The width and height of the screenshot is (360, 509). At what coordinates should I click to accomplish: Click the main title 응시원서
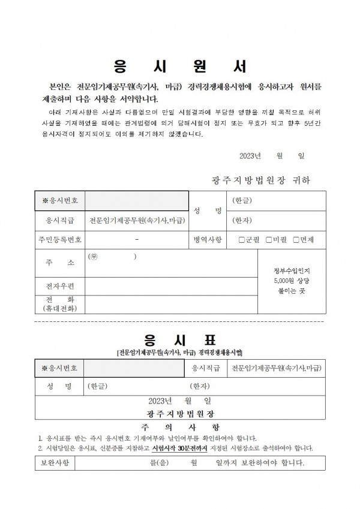pos(179,65)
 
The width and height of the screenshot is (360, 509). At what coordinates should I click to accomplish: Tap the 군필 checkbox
pos(242,240)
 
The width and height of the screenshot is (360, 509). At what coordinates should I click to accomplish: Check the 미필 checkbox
pos(269,240)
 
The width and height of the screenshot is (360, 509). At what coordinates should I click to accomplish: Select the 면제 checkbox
pos(296,240)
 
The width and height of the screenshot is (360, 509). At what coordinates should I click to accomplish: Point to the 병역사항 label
pos(207,240)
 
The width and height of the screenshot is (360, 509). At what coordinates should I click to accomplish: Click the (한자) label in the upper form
pos(242,220)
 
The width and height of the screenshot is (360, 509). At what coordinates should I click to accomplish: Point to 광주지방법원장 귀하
pos(261,180)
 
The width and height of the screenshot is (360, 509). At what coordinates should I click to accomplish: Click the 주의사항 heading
pos(180,427)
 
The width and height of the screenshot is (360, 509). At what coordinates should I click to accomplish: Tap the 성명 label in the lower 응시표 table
pos(59,385)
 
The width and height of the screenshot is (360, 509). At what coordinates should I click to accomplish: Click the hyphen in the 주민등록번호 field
pos(137,240)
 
